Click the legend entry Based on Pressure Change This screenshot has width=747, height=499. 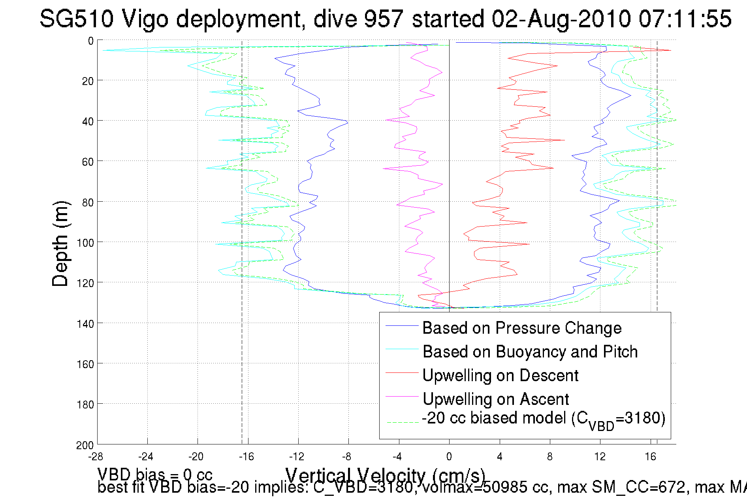521,328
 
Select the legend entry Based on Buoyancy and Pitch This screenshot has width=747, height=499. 530,352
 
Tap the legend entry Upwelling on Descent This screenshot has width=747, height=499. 500,376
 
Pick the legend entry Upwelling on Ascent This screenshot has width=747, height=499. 495,399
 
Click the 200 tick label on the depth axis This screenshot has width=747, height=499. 85,446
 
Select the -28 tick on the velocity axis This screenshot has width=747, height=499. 96,457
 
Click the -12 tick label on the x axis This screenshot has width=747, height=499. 297,457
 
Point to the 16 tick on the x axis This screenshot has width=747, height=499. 650,457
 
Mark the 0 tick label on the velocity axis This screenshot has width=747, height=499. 449,457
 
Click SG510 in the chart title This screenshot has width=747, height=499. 77,19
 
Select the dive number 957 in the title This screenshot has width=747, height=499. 384,19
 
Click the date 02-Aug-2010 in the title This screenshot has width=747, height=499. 561,19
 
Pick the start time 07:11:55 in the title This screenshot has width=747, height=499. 685,19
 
